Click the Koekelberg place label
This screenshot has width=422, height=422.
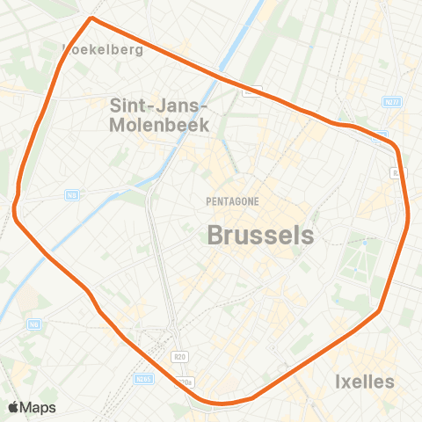[104, 50]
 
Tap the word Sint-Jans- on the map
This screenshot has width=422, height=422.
[158, 105]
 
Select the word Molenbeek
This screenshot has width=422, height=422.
[158, 125]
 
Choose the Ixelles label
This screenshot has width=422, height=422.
[365, 382]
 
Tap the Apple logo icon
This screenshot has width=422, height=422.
[15, 407]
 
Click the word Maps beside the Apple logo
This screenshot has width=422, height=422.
[40, 407]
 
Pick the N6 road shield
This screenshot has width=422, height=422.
[34, 324]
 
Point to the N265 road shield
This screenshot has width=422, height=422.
[145, 378]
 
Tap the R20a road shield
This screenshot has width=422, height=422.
[184, 382]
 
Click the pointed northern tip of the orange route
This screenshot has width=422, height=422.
[91, 18]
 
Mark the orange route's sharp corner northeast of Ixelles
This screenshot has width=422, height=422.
[380, 310]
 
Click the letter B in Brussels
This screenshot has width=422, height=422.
[216, 235]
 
